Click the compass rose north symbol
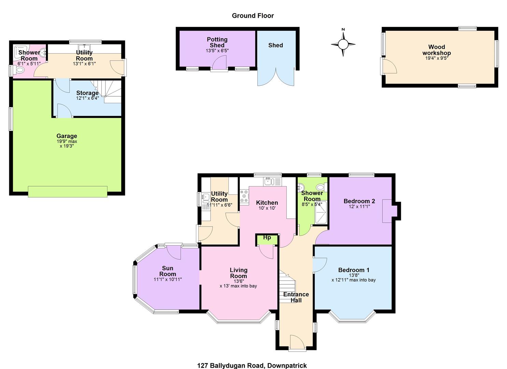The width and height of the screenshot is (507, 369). pyautogui.click(x=343, y=44)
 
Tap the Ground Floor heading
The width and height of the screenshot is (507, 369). pyautogui.click(x=253, y=16)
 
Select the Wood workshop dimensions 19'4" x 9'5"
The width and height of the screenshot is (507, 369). pyautogui.click(x=437, y=58)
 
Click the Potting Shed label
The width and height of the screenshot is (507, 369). pyautogui.click(x=217, y=42)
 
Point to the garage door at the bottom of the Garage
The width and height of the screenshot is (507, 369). pyautogui.click(x=68, y=192)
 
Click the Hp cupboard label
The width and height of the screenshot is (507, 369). pyautogui.click(x=267, y=237)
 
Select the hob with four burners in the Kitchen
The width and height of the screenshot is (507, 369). pyautogui.click(x=244, y=196)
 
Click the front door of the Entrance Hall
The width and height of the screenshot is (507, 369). pyautogui.click(x=297, y=343)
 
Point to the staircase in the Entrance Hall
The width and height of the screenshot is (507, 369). pyautogui.click(x=287, y=286)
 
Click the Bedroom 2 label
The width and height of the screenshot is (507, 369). pyautogui.click(x=359, y=201)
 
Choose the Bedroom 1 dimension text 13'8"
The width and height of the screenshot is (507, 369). pyautogui.click(x=354, y=275)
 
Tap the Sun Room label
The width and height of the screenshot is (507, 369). pyautogui.click(x=168, y=271)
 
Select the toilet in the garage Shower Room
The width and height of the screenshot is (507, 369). pyautogui.click(x=20, y=70)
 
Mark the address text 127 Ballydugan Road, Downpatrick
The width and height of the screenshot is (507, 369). pyautogui.click(x=252, y=366)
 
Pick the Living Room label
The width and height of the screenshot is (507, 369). pyautogui.click(x=239, y=273)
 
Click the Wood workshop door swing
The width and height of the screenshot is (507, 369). pyautogui.click(x=389, y=65)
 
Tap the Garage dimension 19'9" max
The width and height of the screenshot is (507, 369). pyautogui.click(x=67, y=141)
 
